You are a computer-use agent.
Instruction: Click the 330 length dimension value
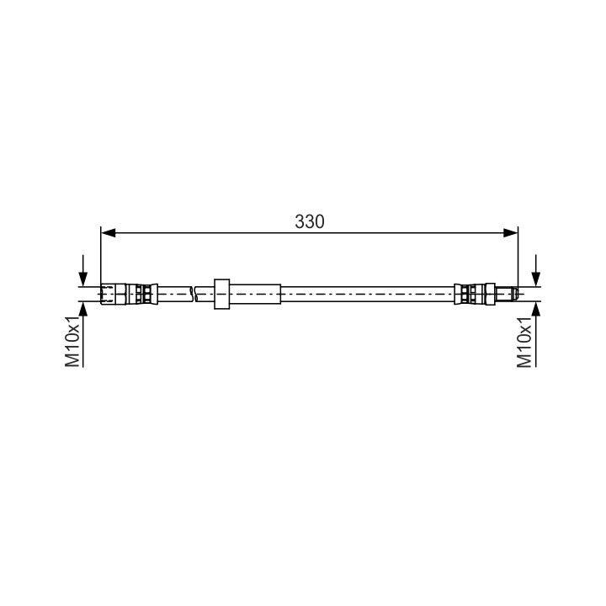tap(310, 222)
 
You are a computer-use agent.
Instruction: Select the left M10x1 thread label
tap(72, 341)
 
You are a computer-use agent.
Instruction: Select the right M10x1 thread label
tap(524, 341)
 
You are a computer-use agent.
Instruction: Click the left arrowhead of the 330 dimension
tap(109, 232)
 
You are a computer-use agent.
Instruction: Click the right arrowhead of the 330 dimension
tap(510, 232)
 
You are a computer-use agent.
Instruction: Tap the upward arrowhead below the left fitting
tap(83, 309)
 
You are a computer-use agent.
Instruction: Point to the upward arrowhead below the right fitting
tap(535, 309)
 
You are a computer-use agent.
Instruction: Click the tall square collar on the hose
tap(222, 294)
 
